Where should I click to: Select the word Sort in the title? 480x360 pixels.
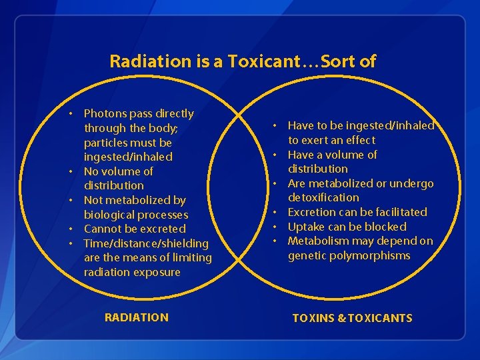[x=340, y=62]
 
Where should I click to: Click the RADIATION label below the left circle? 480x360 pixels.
[x=137, y=317]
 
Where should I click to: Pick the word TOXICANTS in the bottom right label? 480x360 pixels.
[x=380, y=318]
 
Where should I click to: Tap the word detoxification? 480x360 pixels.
[x=323, y=198]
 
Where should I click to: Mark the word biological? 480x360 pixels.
[x=108, y=215]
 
